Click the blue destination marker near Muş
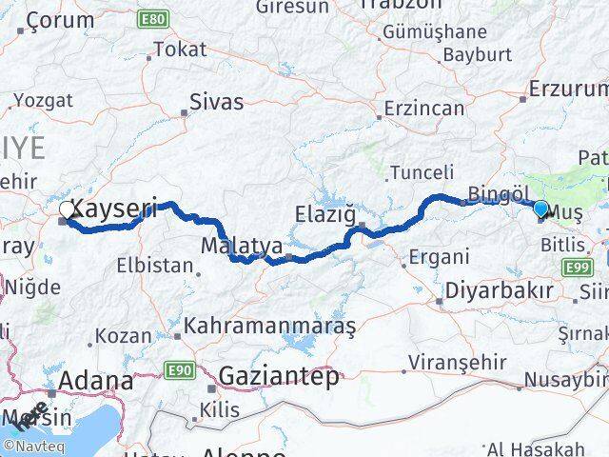coord(540,209)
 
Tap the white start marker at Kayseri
coord(67,209)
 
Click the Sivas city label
coord(216,102)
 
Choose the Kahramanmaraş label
coord(270,327)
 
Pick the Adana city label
coord(95,381)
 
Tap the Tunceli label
coord(422,172)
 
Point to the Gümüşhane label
coord(433,32)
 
